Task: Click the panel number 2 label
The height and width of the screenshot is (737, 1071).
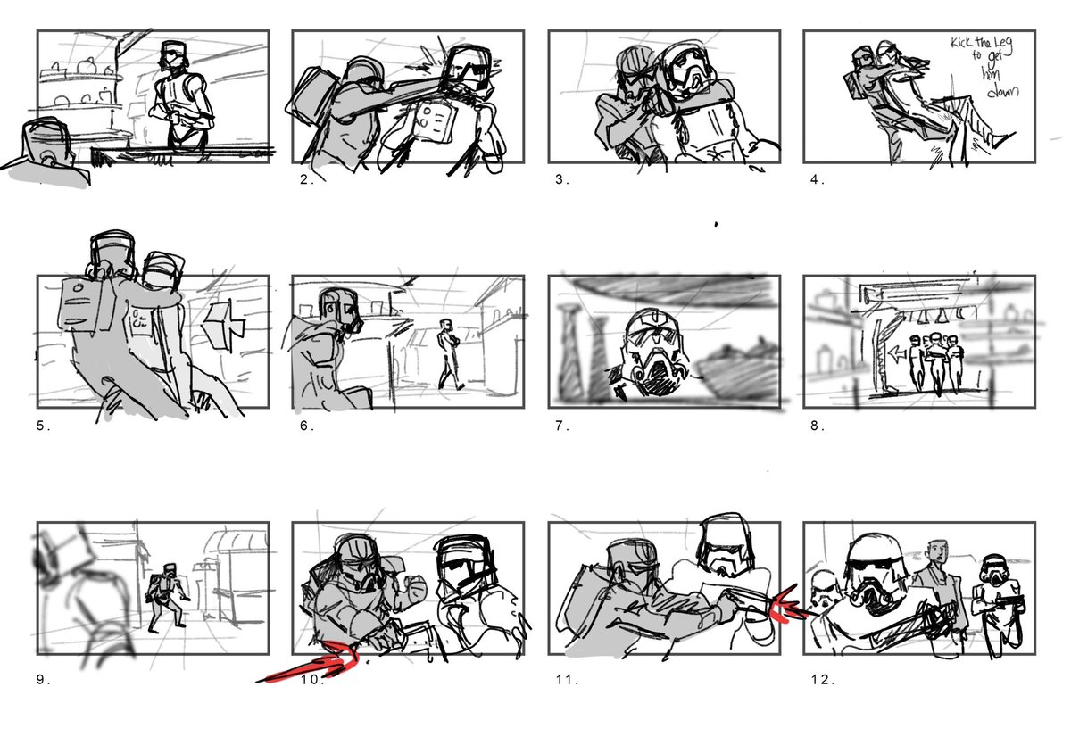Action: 306,179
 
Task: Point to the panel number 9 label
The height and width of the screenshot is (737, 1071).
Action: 44,680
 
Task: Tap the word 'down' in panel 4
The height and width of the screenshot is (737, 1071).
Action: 1003,92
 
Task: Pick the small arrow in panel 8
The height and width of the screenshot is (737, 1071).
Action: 893,353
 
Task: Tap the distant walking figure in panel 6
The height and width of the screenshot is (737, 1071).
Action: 450,355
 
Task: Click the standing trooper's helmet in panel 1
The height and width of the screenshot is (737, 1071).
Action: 172,57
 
